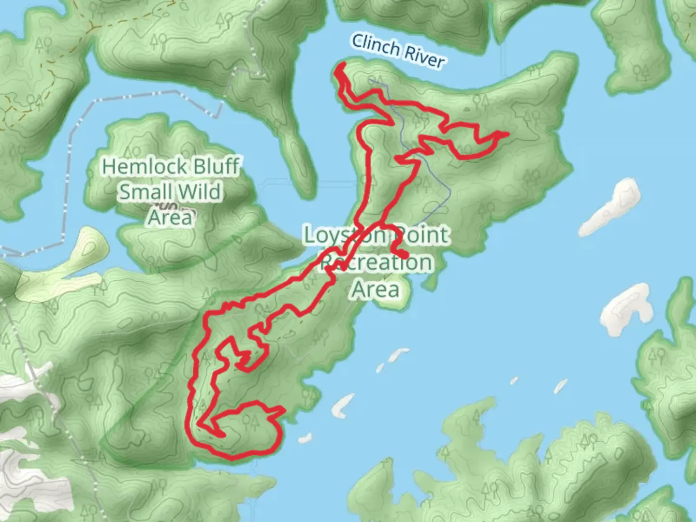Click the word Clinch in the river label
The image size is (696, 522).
click(376, 46)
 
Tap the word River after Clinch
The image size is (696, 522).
click(424, 56)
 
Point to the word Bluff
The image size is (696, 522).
click(216, 167)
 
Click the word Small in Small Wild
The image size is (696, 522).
click(144, 192)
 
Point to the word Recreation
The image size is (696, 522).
click(377, 262)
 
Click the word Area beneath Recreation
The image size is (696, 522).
click(376, 290)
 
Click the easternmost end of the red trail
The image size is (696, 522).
click(507, 133)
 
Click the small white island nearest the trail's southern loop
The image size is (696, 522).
click(304, 439)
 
